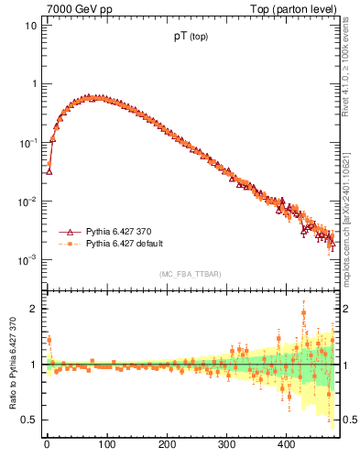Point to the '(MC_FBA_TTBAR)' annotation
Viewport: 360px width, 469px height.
click(191, 274)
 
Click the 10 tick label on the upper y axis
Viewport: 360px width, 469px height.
click(30, 26)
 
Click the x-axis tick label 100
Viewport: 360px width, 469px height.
click(106, 443)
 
